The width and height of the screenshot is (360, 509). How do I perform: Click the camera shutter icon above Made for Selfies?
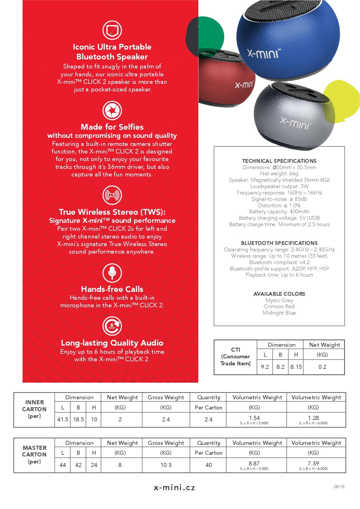[x=112, y=111]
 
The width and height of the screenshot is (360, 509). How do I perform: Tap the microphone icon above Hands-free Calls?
[x=112, y=273]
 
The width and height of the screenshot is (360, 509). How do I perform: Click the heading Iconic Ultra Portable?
[x=112, y=47]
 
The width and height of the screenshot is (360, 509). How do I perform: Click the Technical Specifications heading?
[x=279, y=161]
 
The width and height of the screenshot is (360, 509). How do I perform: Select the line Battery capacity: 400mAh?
[x=279, y=212]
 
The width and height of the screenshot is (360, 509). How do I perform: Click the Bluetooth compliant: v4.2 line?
[x=279, y=262]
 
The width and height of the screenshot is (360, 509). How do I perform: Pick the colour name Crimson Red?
[x=279, y=306]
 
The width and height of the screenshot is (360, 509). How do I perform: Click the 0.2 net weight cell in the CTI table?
[x=322, y=367]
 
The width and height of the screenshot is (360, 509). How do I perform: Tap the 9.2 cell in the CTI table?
[x=265, y=367]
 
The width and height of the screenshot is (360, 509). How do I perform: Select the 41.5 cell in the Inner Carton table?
[x=63, y=419]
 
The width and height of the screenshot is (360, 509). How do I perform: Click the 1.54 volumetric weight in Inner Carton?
[x=254, y=418]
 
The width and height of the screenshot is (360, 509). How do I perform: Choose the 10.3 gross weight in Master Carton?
[x=166, y=465]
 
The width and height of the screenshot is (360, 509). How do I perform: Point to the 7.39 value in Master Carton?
[x=313, y=463]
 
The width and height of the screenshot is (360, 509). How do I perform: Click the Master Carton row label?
[x=34, y=454]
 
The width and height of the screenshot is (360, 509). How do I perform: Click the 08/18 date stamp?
[x=339, y=487]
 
